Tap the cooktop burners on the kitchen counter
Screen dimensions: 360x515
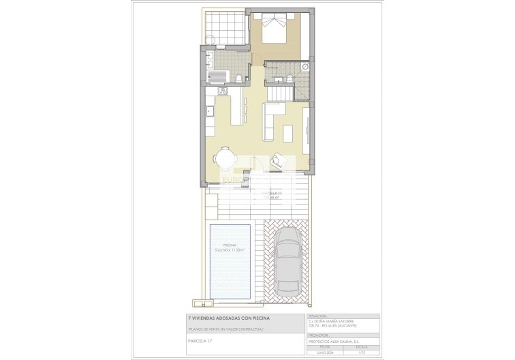[x=222, y=91]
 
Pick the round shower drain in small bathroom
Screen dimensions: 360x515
[x=305, y=67]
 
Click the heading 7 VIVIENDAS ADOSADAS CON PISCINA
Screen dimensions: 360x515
[x=228, y=318]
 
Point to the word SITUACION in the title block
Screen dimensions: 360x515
[x=318, y=316]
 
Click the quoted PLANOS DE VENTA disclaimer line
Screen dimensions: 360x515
[x=225, y=329]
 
